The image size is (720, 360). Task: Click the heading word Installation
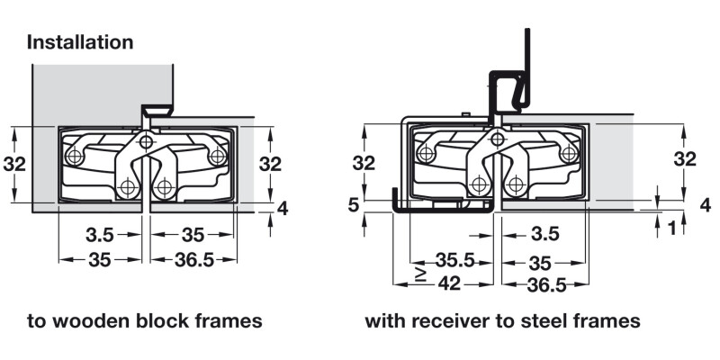click(x=80, y=41)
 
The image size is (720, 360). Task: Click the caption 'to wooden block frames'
click(x=144, y=321)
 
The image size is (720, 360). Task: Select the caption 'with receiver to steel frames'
click(x=502, y=321)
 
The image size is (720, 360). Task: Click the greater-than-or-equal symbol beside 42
click(x=419, y=273)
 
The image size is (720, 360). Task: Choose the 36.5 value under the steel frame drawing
click(x=546, y=284)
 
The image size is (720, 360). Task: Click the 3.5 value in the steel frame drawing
click(x=544, y=235)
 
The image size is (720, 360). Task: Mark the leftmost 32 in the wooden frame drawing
click(x=14, y=164)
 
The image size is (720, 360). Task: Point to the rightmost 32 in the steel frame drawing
click(x=685, y=159)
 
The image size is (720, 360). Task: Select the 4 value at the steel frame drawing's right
click(x=705, y=204)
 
